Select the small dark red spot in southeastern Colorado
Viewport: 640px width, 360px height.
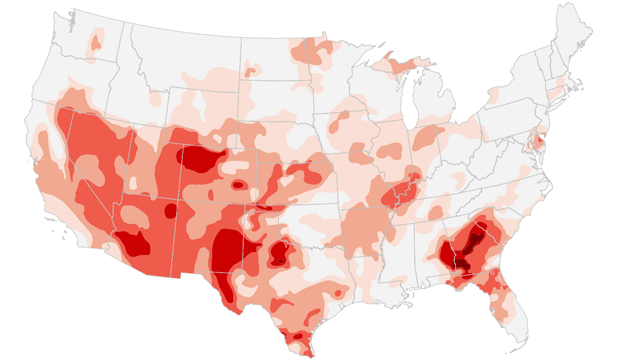tap(238, 184)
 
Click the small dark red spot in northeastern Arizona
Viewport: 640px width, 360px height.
tap(171, 211)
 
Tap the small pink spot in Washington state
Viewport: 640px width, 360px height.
tap(96, 41)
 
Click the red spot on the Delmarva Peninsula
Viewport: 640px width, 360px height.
tap(541, 144)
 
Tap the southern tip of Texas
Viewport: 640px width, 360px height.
tap(300, 345)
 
